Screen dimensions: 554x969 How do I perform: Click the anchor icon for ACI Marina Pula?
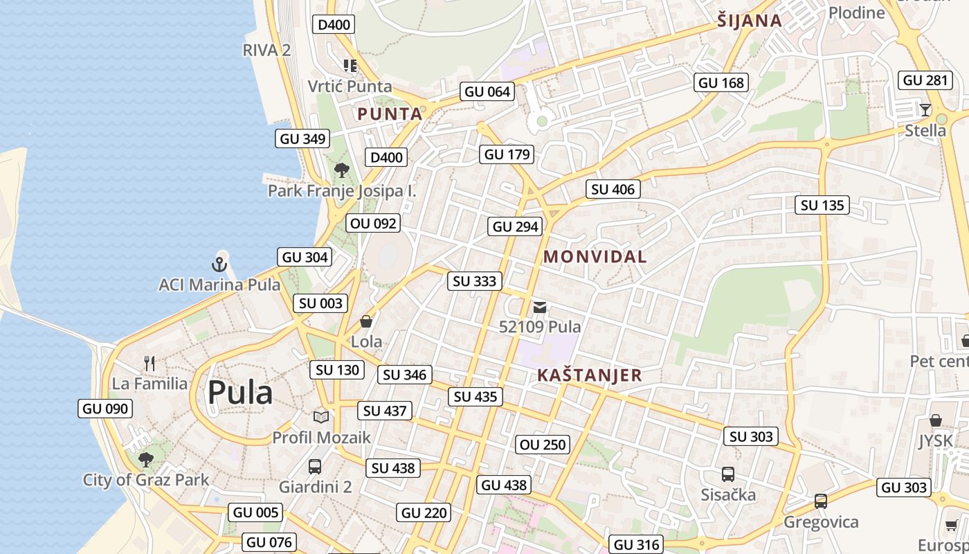(219, 264)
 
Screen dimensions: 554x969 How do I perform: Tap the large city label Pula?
(240, 393)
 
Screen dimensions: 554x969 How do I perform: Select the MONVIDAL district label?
(595, 256)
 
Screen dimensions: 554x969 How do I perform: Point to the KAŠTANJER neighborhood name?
(590, 375)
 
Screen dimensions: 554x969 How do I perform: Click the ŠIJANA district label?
(750, 21)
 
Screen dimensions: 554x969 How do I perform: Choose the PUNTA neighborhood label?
(390, 114)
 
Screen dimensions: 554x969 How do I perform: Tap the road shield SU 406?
(613, 189)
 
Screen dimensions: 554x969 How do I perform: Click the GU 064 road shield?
(487, 91)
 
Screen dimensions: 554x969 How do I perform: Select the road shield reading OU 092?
(374, 223)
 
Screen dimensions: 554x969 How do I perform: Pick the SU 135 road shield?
(822, 205)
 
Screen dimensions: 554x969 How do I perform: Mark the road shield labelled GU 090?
(105, 409)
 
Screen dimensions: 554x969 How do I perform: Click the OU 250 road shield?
(543, 445)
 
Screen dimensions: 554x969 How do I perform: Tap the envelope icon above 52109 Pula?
(540, 307)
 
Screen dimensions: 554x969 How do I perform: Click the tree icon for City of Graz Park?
(145, 459)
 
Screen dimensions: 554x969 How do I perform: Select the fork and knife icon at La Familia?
(149, 363)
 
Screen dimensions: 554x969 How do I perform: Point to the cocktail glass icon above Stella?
(925, 109)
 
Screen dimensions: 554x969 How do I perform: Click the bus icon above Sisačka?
(728, 474)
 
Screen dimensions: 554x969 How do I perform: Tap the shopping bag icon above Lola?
(366, 321)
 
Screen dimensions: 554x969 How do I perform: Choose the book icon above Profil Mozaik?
(320, 417)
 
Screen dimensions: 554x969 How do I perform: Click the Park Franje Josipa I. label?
(342, 191)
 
